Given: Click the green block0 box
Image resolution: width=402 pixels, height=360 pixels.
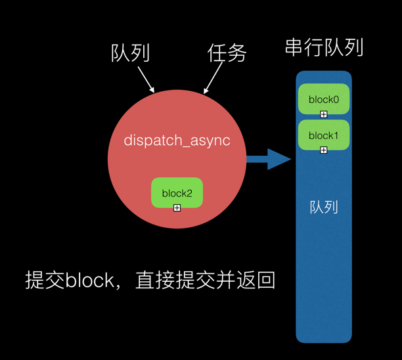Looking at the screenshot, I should click(323, 99).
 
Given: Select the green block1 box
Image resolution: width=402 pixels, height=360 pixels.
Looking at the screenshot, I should click(323, 135).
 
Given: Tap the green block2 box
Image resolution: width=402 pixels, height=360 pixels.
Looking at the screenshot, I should click(177, 192).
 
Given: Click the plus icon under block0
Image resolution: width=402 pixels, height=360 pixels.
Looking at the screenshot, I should click(324, 114).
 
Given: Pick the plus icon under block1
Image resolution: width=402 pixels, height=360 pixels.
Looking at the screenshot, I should click(324, 150).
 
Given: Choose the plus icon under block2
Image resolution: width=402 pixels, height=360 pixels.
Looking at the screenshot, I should click(177, 208).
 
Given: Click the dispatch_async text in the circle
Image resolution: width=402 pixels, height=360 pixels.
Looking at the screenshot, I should click(177, 141).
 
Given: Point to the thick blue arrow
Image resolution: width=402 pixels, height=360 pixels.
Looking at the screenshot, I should click(268, 158).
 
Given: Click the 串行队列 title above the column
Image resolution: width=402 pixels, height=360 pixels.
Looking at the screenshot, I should click(324, 48).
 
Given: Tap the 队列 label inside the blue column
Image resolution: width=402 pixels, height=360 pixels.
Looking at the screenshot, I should click(324, 208).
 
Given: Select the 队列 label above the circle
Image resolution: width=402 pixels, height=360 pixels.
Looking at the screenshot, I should click(130, 53).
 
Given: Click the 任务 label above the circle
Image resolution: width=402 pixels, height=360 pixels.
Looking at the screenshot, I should click(227, 53).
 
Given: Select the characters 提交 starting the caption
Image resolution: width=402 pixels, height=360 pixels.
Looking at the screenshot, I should click(45, 281).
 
